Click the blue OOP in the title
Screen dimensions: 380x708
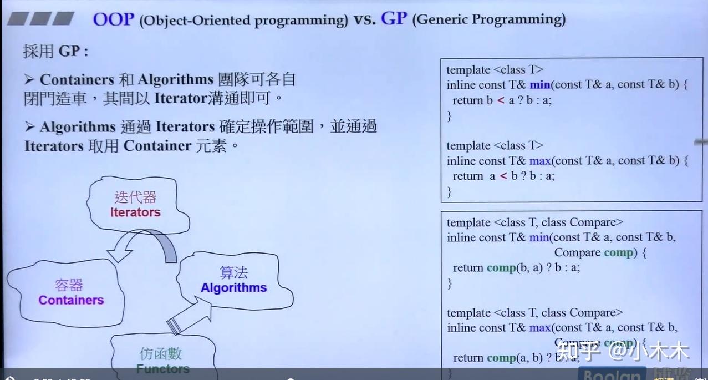point(113,19)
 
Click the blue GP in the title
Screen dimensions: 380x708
point(394,18)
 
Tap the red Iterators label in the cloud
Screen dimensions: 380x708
point(135,212)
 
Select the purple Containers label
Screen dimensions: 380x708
point(71,300)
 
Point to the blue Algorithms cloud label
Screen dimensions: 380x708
point(233,287)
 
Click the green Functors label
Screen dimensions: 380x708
point(162,368)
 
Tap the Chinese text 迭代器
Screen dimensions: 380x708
point(135,197)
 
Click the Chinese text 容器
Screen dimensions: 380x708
point(69,285)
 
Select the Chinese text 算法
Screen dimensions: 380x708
point(233,273)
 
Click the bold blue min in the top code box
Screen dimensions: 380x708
point(539,85)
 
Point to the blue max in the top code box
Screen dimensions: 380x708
point(540,161)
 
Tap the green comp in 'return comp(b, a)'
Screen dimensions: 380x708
point(501,267)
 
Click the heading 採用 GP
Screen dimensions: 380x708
point(55,52)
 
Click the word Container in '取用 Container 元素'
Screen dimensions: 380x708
point(157,146)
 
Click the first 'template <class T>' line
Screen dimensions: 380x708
point(495,70)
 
